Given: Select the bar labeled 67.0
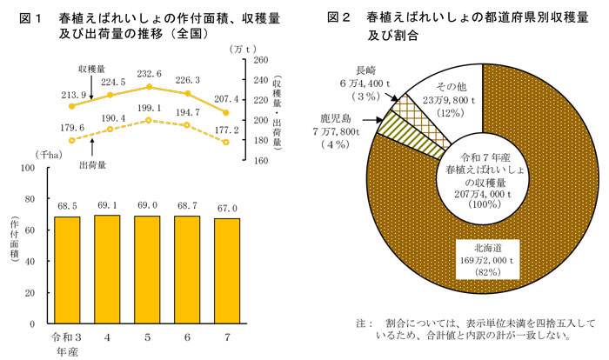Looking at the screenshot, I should [x=225, y=270].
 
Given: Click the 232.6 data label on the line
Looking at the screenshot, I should [x=149, y=75].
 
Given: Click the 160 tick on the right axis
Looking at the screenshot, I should [x=259, y=160].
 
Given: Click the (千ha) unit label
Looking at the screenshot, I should [x=47, y=154].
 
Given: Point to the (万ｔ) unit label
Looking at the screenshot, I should [x=260, y=50].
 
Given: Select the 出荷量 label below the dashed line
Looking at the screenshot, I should [x=92, y=163].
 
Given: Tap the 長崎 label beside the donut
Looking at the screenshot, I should [x=365, y=70].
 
